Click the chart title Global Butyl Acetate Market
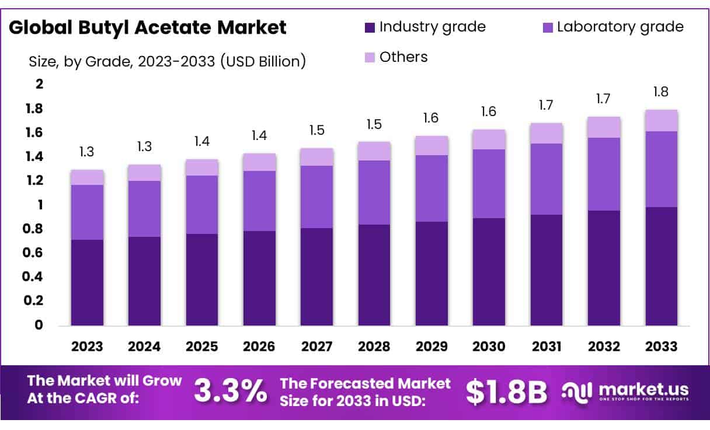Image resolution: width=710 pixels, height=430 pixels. [147, 27]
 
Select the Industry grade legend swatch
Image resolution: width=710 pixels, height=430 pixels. [370, 27]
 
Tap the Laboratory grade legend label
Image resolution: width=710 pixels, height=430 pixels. [620, 27]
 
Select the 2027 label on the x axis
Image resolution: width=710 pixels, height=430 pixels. [316, 347]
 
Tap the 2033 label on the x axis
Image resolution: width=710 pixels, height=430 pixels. [662, 347]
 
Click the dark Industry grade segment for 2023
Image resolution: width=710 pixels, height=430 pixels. [87, 282]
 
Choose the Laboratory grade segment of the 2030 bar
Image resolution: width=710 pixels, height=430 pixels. [489, 184]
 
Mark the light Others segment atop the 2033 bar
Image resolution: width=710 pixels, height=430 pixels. [662, 121]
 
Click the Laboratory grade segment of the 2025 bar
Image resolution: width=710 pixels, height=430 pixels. [201, 205]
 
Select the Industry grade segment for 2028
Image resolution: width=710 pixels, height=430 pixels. [374, 275]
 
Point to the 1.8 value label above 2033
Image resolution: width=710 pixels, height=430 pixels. [662, 92]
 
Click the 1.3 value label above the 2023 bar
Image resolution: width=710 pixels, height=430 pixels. [87, 152]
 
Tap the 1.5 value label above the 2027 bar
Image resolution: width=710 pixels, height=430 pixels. [316, 131]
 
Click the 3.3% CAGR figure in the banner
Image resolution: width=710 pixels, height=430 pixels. [231, 391]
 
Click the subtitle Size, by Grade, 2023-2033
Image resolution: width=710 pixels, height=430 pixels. [167, 61]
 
